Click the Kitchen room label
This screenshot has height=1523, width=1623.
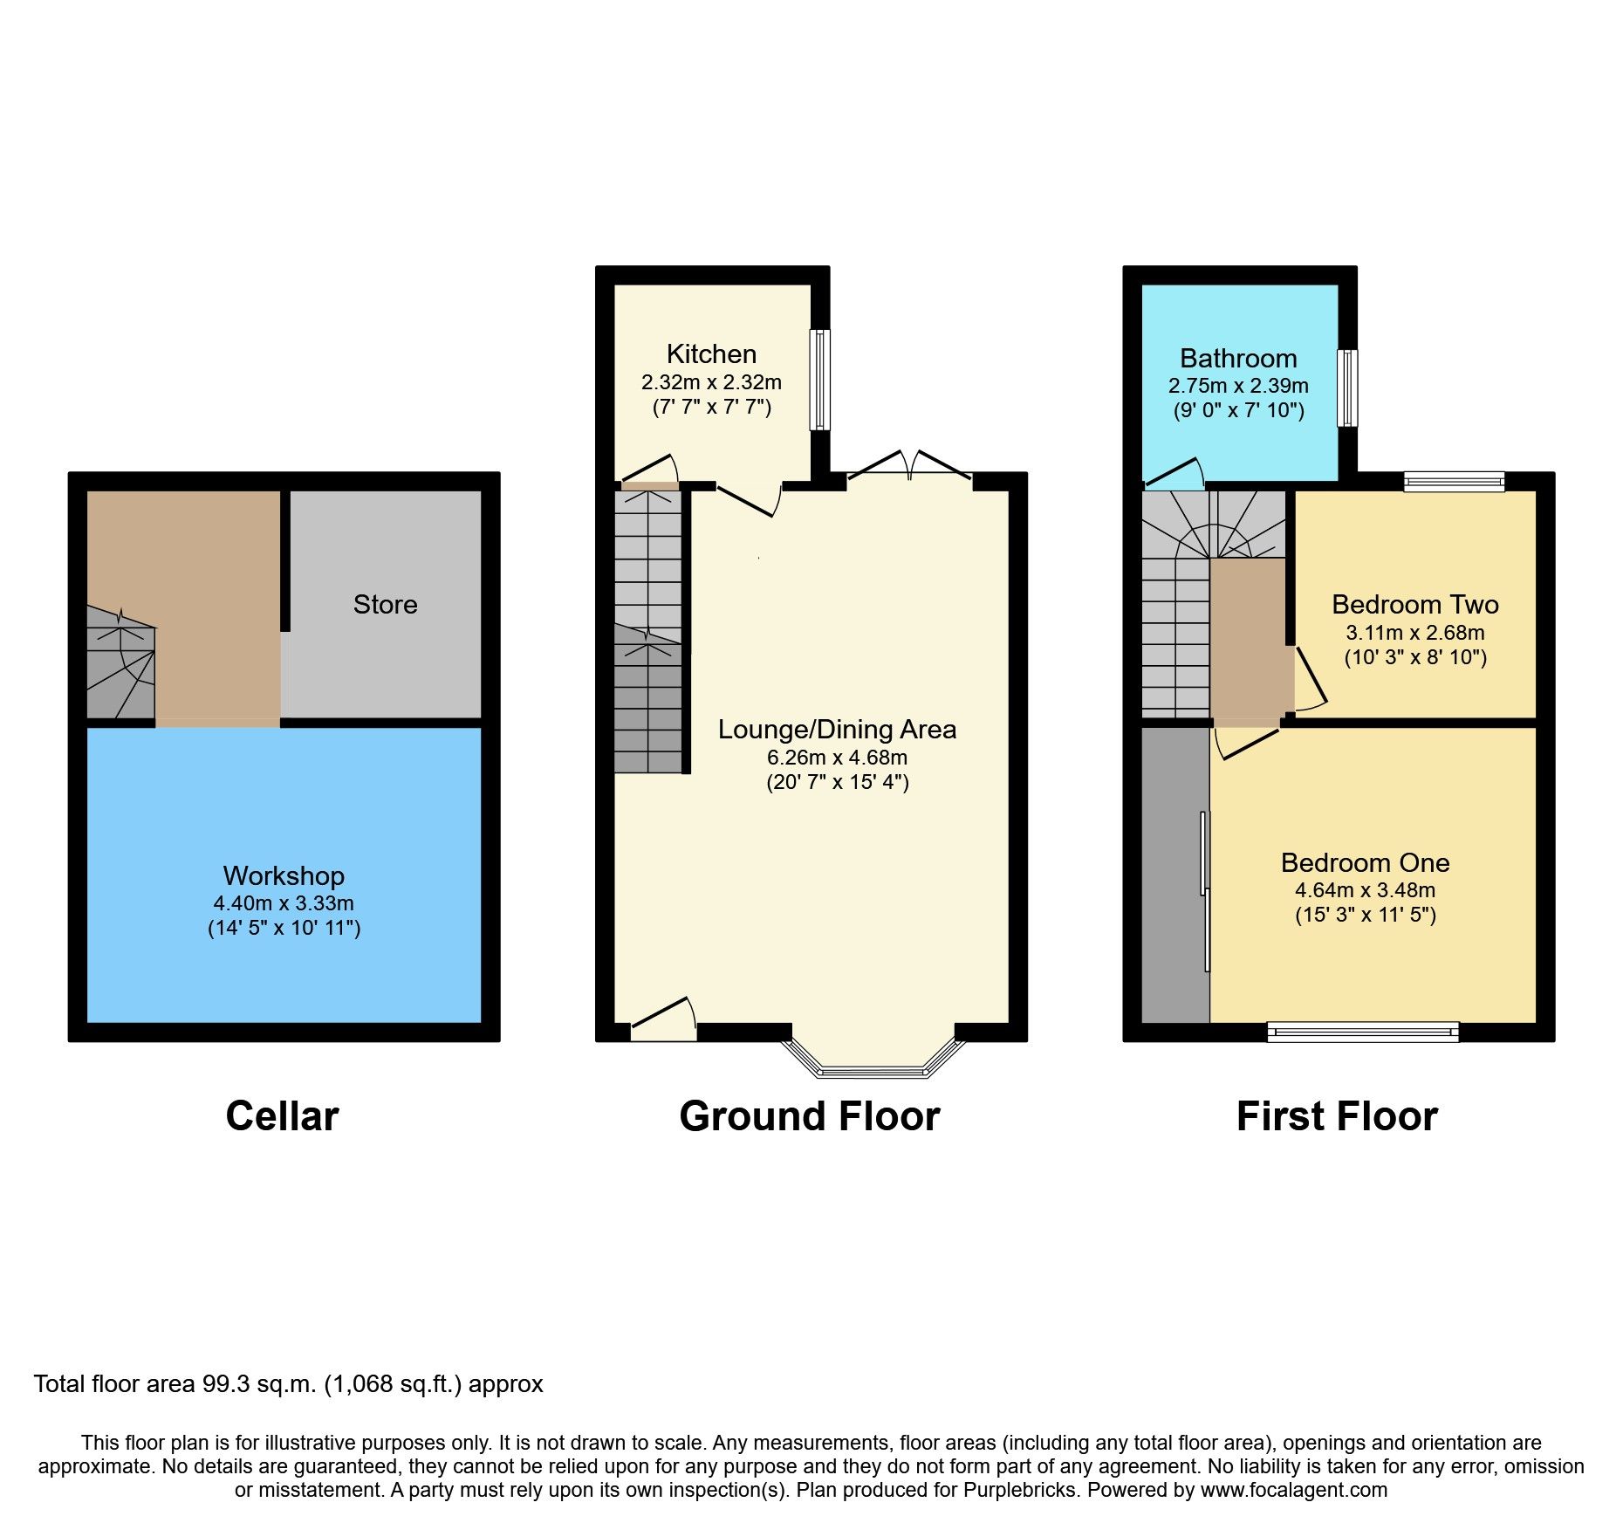click(x=711, y=353)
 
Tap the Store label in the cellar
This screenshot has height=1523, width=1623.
click(x=385, y=604)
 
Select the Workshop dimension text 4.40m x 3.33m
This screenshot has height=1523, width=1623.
click(x=284, y=903)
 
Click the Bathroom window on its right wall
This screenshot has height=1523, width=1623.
click(x=1348, y=388)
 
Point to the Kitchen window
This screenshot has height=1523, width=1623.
click(x=820, y=379)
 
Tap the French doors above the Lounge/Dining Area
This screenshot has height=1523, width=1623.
click(x=910, y=466)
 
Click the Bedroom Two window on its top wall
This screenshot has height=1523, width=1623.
click(x=1454, y=481)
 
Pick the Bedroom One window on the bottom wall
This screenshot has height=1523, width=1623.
click(x=1363, y=1032)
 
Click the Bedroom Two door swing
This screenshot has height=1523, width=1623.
click(x=1309, y=681)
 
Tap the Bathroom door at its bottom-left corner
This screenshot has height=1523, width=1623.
click(x=1174, y=473)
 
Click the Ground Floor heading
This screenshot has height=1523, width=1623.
click(x=809, y=1116)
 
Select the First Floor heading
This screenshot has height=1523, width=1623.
click(x=1337, y=1116)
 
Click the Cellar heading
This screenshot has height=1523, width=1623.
click(x=282, y=1116)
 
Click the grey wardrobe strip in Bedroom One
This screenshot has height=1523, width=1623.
click(x=1174, y=873)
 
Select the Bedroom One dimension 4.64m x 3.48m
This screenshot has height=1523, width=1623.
click(x=1365, y=889)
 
